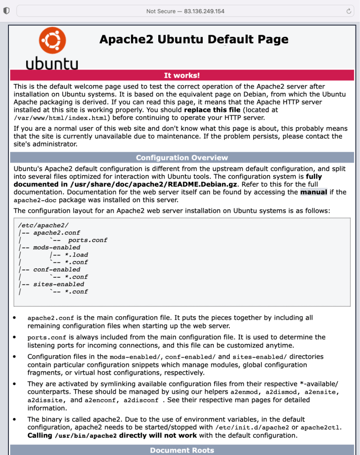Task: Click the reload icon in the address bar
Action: click(349, 11)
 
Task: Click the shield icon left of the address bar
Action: click(6, 11)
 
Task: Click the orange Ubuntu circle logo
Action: click(52, 40)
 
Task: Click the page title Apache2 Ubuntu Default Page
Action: click(194, 39)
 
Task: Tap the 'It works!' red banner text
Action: click(182, 75)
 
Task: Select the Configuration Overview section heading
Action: click(182, 158)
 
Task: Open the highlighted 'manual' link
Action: click(314, 192)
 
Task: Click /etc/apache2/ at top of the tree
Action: click(44, 225)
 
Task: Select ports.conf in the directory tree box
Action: click(88, 240)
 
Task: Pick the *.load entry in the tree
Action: click(76, 255)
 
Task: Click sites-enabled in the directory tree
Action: click(59, 284)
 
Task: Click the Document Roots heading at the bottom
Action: click(182, 450)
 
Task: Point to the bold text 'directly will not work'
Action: click(157, 435)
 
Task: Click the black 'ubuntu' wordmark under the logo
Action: click(52, 64)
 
